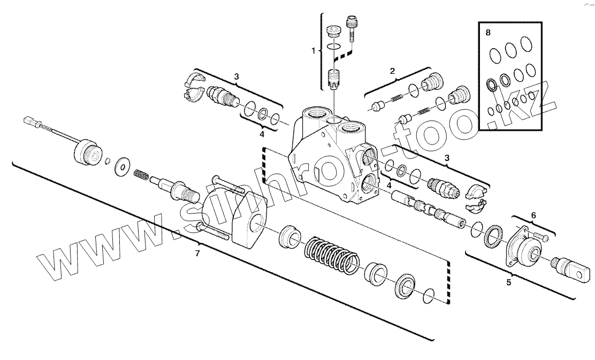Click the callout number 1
(x=314, y=50)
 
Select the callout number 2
(x=392, y=71)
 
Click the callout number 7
(x=197, y=254)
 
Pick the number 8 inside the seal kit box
(x=487, y=33)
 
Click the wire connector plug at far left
(x=32, y=122)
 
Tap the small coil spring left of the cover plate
(x=140, y=175)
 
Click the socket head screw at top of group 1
(x=353, y=27)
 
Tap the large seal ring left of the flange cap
(x=493, y=236)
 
